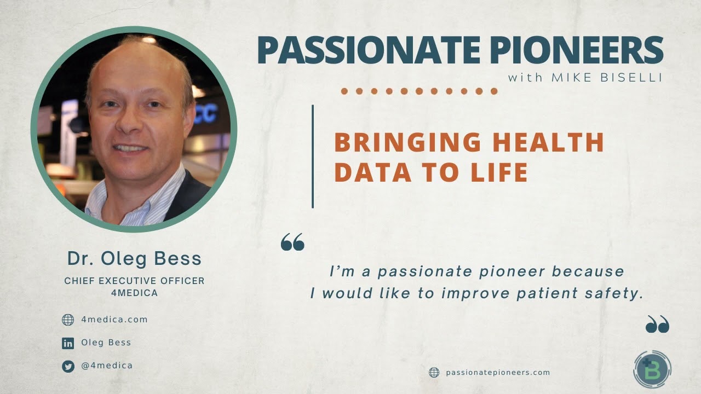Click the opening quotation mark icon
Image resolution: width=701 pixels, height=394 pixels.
292,242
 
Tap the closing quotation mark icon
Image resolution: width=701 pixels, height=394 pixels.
657,325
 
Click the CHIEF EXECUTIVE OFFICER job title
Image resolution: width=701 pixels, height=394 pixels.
134,281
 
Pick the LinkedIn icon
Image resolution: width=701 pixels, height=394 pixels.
68,344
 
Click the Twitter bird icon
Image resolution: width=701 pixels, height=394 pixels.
68,367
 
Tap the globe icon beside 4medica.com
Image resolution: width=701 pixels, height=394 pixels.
68,320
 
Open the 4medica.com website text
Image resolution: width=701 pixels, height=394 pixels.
114,320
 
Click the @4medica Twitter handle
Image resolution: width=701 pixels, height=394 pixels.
107,366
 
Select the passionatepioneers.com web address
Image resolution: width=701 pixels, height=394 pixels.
498,373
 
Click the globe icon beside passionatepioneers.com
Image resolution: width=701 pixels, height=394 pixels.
434,373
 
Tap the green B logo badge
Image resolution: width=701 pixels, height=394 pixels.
652,370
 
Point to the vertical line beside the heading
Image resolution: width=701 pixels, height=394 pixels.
313,157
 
